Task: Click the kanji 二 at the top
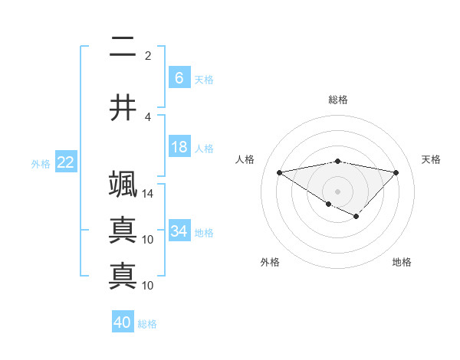click(x=123, y=48)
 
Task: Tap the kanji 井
click(x=123, y=109)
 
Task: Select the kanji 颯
click(x=123, y=185)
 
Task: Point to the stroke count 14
click(x=148, y=194)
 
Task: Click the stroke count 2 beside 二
click(x=148, y=56)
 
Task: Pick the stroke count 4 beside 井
click(x=148, y=117)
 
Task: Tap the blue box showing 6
click(x=179, y=78)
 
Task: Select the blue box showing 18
click(x=179, y=147)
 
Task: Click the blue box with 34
click(x=179, y=231)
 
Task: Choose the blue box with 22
click(x=65, y=162)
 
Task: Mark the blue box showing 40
click(x=123, y=322)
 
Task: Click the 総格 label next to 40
click(x=147, y=324)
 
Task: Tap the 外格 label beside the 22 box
click(x=40, y=163)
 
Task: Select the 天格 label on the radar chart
click(x=432, y=159)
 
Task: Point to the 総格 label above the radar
click(x=337, y=100)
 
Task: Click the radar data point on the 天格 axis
click(x=396, y=172)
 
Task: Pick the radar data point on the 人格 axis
click(x=279, y=172)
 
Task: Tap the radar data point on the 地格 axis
click(x=356, y=217)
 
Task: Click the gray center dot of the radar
click(x=337, y=191)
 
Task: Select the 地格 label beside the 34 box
click(x=204, y=232)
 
